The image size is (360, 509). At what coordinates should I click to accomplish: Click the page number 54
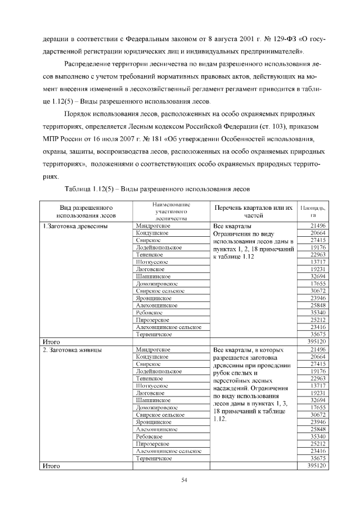click(x=183, y=480)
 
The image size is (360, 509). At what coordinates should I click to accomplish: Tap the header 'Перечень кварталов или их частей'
click(x=254, y=211)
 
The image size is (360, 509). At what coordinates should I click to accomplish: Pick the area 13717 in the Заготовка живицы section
click(x=318, y=386)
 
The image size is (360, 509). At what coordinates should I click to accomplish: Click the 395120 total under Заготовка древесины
click(x=316, y=341)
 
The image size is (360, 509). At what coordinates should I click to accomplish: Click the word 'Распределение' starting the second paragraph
click(x=88, y=64)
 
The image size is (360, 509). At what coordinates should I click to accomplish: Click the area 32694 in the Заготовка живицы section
click(x=318, y=400)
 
